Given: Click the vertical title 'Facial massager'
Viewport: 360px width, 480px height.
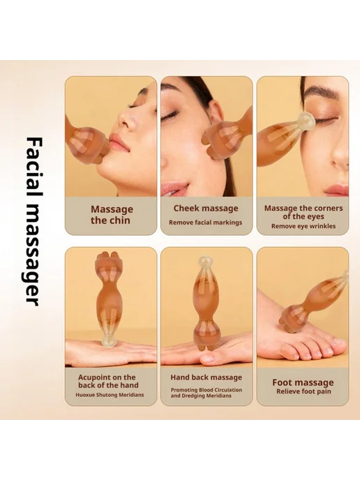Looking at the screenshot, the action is pos(33,221).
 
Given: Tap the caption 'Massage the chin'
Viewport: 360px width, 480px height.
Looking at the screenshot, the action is pos(112,215).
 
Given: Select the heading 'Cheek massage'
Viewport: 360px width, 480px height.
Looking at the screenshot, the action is pos(206,208).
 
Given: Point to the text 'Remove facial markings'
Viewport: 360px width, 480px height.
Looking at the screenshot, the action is pos(205,223).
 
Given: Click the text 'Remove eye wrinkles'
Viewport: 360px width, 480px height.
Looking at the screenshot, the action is pos(303,226).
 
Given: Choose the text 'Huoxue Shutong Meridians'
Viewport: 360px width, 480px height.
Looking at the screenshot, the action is pos(110,395).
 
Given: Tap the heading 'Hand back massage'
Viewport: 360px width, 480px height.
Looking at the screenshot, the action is pos(206,377).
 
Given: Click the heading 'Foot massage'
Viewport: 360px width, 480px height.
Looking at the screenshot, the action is pos(303,382).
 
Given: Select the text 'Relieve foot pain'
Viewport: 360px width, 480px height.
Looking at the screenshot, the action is pos(303,391).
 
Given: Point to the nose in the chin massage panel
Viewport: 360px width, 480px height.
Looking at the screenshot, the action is pos(126,120).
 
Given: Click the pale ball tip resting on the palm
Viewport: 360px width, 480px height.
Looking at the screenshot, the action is pos(108,340).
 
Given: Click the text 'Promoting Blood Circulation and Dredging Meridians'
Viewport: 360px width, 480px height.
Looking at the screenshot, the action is pos(206,393).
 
